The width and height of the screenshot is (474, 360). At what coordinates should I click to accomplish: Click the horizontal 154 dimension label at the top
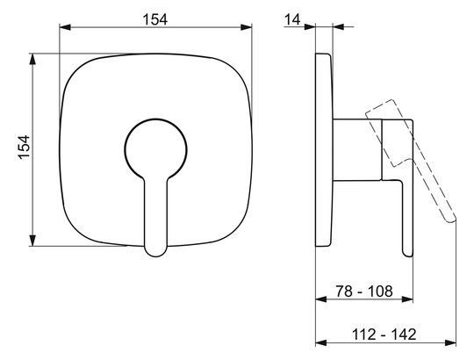[154, 19]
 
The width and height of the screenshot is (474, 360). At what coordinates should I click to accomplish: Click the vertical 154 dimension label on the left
[24, 147]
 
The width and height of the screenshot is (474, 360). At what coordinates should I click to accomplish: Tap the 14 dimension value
[292, 19]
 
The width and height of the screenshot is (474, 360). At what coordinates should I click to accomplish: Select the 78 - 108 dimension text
[364, 292]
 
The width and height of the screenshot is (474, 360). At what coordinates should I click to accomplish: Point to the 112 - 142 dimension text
[384, 335]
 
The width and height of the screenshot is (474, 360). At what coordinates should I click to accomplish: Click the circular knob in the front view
[155, 149]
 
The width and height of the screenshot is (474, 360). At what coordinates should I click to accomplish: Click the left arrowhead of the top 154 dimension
[65, 27]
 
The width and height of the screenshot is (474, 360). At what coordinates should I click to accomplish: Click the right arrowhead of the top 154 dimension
[246, 27]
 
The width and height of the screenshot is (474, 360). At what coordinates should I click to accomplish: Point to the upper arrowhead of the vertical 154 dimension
[32, 59]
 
